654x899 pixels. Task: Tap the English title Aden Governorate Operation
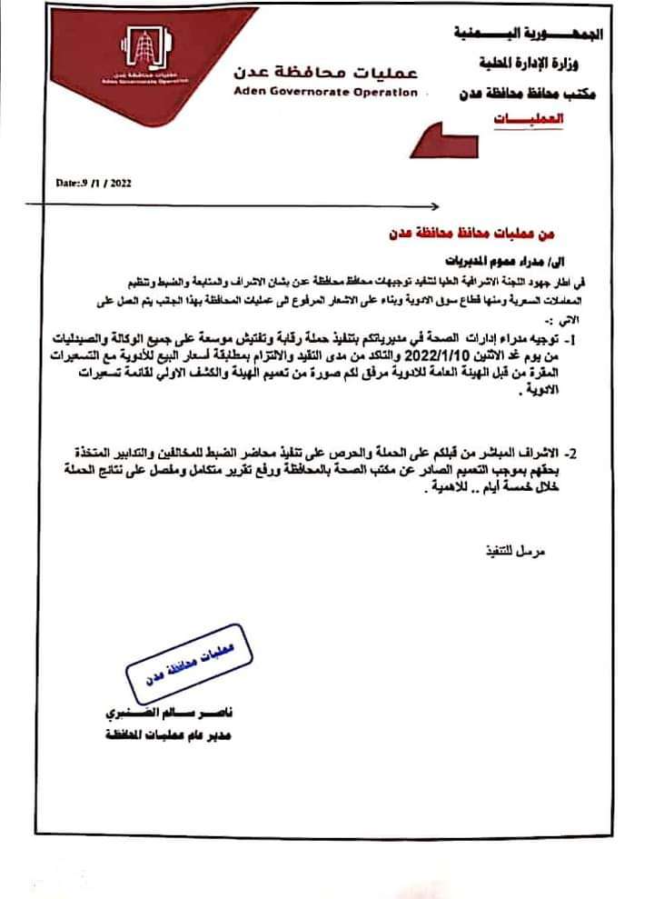(x=312, y=92)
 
